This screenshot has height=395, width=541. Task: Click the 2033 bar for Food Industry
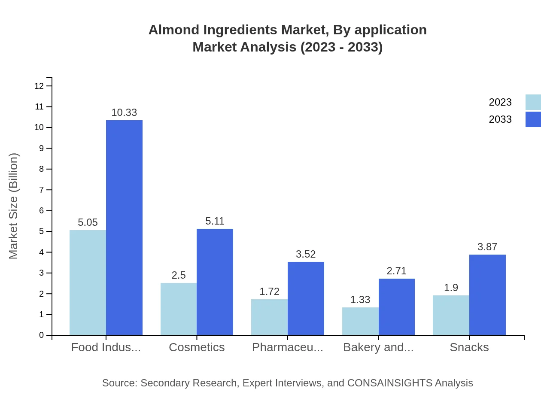[124, 228]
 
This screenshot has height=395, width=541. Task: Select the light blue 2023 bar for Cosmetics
[179, 309]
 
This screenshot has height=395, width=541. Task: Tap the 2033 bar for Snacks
[487, 295]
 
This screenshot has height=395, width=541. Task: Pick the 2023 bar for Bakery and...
[360, 321]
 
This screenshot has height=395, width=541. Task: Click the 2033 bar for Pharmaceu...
[306, 298]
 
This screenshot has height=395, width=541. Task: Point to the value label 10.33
[124, 112]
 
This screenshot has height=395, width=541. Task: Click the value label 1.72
[269, 292]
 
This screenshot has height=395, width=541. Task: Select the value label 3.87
[487, 247]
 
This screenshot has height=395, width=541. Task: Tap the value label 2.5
[179, 275]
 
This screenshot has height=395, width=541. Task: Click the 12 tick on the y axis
[39, 86]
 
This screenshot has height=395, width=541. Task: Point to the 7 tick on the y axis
[42, 190]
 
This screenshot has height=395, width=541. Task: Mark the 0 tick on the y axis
[42, 335]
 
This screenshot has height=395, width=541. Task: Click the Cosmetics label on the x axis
[197, 347]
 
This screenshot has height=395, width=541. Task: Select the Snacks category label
[469, 347]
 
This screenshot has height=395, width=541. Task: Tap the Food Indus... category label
[106, 347]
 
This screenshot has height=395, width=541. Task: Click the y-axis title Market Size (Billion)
[14, 206]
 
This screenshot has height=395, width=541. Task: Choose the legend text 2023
[500, 102]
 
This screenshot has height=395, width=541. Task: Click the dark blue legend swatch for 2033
[533, 119]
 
